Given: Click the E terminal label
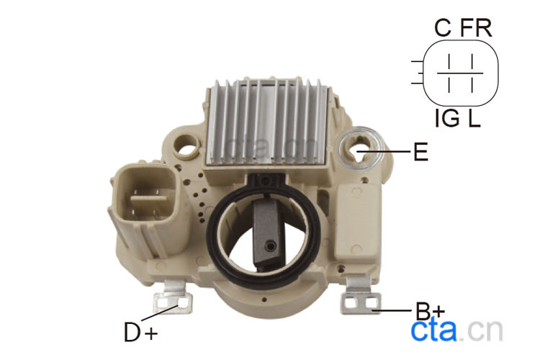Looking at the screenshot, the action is [420, 152].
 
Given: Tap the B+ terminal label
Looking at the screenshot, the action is [430, 311].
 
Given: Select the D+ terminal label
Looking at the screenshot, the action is [141, 333].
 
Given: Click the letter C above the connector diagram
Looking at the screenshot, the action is [443, 27].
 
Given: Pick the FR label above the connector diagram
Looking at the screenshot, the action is [477, 27].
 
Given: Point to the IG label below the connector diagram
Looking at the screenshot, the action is [447, 118].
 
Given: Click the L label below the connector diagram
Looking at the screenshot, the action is [474, 118].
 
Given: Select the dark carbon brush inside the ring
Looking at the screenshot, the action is [267, 233].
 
